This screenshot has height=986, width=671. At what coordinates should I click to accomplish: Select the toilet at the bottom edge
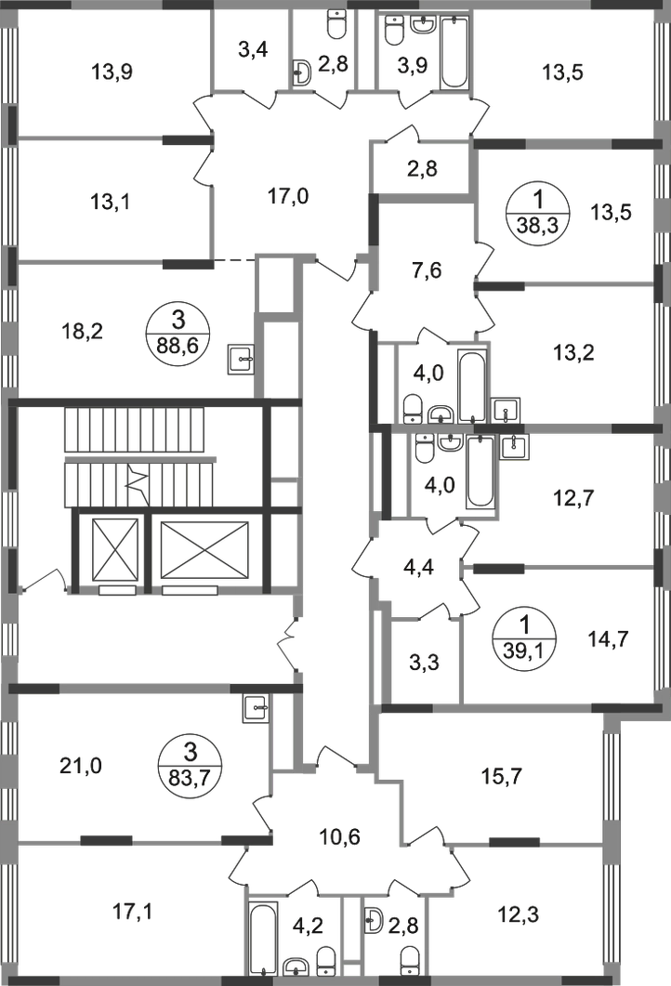[x=414, y=956]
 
